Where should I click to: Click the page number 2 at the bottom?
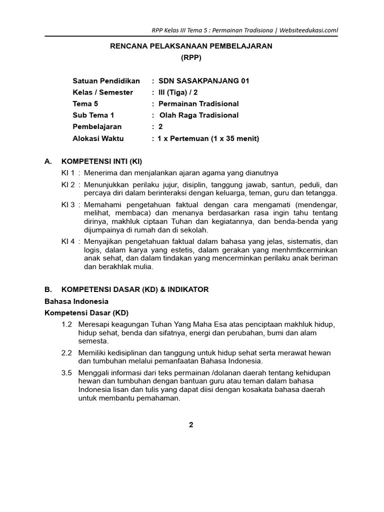(x=191, y=425)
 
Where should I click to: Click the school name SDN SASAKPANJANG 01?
(x=203, y=81)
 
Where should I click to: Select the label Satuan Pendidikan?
(x=106, y=81)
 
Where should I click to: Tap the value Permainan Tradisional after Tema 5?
(x=198, y=104)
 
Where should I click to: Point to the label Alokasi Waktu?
(x=98, y=138)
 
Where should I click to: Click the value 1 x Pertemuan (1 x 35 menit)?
(x=208, y=138)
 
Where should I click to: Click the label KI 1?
(x=68, y=173)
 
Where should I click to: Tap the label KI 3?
(x=68, y=204)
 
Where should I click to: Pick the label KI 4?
(x=68, y=241)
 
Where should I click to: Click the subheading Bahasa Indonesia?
(x=76, y=301)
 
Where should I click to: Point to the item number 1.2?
(x=67, y=324)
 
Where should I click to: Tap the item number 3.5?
(x=67, y=373)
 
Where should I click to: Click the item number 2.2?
(x=67, y=353)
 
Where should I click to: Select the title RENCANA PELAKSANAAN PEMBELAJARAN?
(x=191, y=46)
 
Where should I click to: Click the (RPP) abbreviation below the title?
(x=191, y=57)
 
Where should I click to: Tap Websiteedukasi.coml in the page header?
(x=308, y=29)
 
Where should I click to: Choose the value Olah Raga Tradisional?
(x=198, y=115)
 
